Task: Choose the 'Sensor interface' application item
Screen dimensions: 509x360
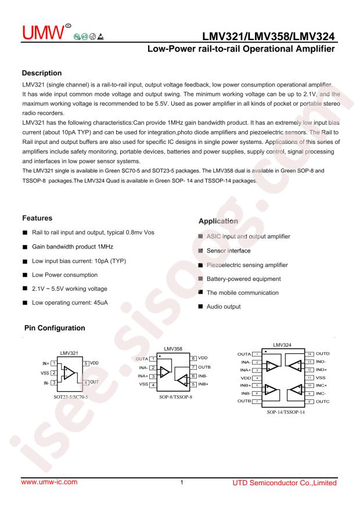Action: [229, 251]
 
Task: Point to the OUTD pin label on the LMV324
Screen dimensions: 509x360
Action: [323, 353]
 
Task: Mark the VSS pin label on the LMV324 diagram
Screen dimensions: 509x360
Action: [320, 377]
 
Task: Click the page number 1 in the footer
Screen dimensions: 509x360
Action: [182, 482]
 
